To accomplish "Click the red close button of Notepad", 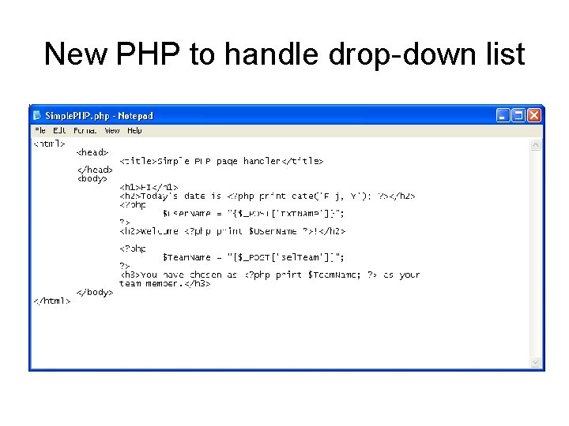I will (x=535, y=116).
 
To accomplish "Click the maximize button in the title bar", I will (x=518, y=116).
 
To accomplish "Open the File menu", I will (x=40, y=131).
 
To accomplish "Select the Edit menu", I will (x=59, y=131).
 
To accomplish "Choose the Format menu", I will (x=85, y=131).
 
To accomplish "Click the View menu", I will (x=111, y=131).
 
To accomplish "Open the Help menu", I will (x=134, y=131).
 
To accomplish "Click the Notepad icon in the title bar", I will (x=37, y=116).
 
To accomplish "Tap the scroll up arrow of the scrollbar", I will (x=537, y=145).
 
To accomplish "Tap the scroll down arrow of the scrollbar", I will (x=537, y=363).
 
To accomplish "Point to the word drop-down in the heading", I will (x=376, y=54).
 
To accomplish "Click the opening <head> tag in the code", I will (x=92, y=152).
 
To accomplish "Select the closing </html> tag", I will (x=51, y=301).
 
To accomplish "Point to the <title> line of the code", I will (x=221, y=161).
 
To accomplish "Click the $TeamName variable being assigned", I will (x=187, y=257).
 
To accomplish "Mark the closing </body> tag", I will (x=95, y=292).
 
